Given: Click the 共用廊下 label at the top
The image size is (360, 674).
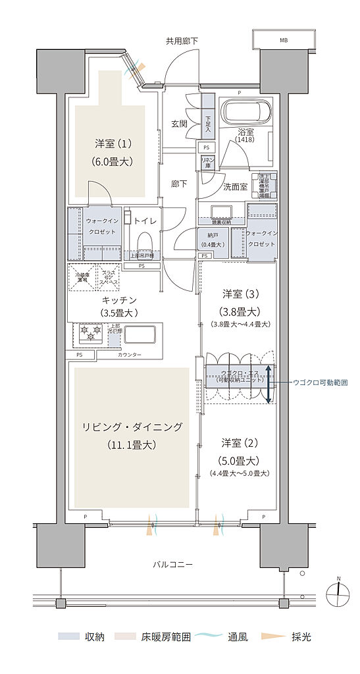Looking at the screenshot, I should (182, 41).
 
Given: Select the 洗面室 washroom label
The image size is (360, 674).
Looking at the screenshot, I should (235, 186).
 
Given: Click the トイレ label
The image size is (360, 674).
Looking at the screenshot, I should (145, 221).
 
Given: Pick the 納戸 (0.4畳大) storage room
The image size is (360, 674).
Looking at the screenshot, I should (211, 240).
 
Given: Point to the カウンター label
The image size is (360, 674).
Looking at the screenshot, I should (130, 355).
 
